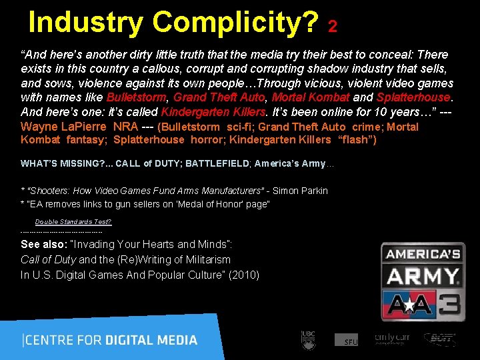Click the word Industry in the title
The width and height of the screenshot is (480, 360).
85,23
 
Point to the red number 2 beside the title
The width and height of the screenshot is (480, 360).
333,26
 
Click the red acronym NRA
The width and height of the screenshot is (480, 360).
126,127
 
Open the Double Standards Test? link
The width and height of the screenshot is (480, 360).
73,221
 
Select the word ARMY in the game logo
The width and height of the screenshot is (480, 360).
422,276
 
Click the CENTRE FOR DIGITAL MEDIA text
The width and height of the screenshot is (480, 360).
110,340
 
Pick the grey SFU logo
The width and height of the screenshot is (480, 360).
347,340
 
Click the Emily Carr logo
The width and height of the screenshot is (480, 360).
392,339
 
